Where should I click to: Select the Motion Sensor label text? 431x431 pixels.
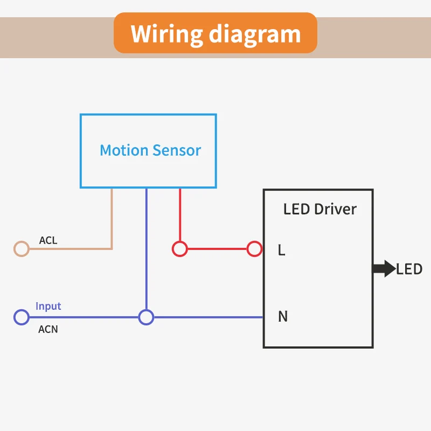click(150, 150)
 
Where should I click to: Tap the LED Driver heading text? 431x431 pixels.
click(320, 209)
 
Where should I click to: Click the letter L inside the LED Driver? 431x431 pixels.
click(281, 250)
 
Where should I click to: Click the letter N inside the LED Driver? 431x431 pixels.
click(282, 317)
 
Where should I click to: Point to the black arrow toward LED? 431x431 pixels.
click(384, 269)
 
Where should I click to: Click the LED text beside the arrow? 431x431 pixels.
click(409, 269)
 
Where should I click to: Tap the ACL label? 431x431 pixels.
click(48, 240)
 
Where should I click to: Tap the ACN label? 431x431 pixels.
click(48, 329)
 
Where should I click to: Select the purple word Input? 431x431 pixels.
click(48, 306)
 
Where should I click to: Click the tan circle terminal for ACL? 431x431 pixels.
click(21, 249)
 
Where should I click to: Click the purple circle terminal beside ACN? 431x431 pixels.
click(21, 317)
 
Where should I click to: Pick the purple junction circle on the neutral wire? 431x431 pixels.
click(146, 317)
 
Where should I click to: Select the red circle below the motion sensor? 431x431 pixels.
click(179, 249)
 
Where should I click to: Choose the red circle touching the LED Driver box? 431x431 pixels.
click(254, 249)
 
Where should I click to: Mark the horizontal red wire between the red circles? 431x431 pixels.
click(217, 249)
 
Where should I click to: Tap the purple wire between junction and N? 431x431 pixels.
click(207, 317)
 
